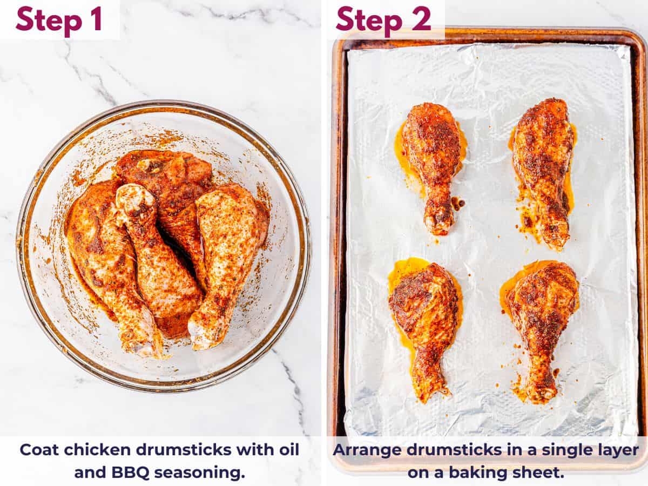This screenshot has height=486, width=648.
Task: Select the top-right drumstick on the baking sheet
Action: point(543,162)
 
